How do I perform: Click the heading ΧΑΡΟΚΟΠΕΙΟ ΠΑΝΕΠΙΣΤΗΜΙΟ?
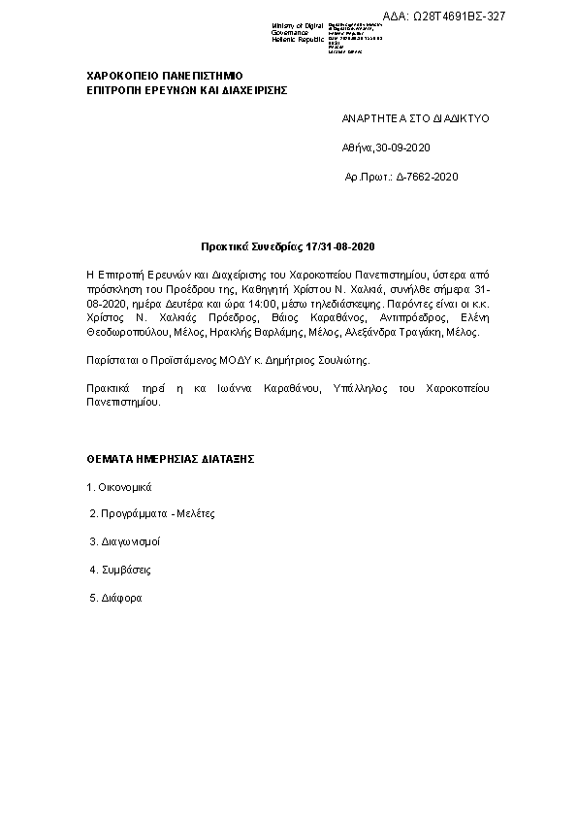pos(165,75)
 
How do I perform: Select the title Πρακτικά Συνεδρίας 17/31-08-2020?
pos(288,247)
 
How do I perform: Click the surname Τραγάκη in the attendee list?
pos(423,332)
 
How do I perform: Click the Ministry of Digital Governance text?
pos(298,32)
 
